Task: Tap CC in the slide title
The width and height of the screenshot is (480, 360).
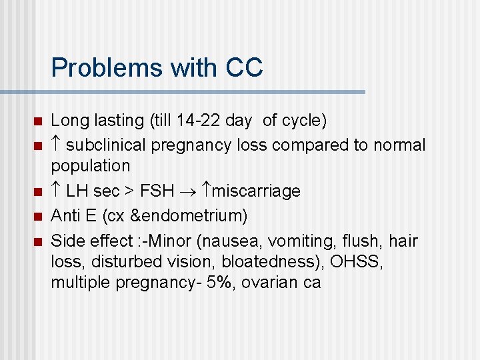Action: (244, 67)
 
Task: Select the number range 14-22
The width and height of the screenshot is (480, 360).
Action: (194, 121)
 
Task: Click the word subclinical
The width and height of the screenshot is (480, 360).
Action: (111, 145)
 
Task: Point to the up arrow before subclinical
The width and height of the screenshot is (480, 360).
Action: (57, 145)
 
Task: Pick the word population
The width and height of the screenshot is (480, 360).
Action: (91, 165)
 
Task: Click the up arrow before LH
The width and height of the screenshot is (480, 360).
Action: (57, 192)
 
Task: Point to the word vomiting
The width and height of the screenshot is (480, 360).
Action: (304, 240)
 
